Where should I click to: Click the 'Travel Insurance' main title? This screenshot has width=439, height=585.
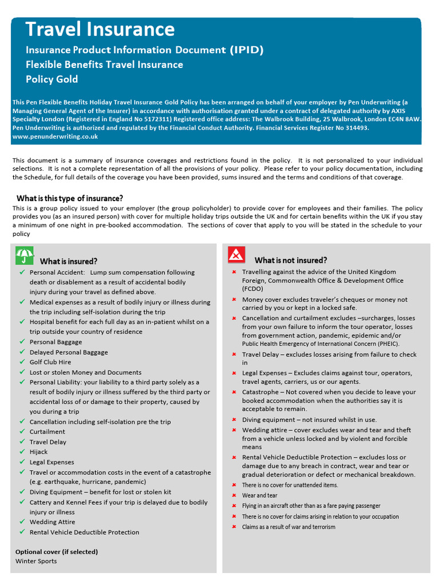coord(100,29)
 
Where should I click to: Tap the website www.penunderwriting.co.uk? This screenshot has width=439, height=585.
coord(55,137)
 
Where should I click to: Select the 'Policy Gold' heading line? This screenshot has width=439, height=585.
coord(51,79)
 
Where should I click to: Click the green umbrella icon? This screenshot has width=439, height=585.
coord(24,256)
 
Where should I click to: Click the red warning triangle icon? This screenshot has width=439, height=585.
coord(237,254)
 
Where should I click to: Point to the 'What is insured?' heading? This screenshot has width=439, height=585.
coord(69,261)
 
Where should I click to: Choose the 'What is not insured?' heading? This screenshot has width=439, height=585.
coord(291,260)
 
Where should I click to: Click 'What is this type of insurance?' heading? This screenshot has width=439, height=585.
coord(69,198)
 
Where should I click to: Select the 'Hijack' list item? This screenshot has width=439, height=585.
coord(39,452)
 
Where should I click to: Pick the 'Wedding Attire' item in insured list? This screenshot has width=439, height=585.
coord(52,522)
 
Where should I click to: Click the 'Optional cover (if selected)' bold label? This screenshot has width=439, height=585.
coord(57,552)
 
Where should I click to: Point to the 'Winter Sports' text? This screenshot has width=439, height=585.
coord(36,561)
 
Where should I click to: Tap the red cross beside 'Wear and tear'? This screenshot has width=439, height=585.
coord(234,495)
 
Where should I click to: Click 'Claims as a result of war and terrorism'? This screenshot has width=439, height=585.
coord(289,527)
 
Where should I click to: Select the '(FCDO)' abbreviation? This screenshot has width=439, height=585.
coord(253,289)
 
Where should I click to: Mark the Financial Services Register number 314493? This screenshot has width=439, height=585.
coord(354,128)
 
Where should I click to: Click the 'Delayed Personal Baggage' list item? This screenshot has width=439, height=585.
coord(69,352)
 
